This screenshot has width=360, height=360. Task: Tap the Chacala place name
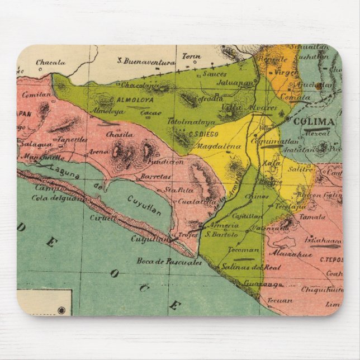point(51,63)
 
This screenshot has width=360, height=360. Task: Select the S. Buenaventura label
point(146,61)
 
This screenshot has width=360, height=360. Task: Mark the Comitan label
point(39,96)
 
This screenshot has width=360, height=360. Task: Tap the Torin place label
point(191,56)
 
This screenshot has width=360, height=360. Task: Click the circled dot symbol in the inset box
point(61,310)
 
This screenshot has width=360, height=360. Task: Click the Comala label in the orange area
point(296,97)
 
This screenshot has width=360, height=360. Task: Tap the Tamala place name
point(312,216)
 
